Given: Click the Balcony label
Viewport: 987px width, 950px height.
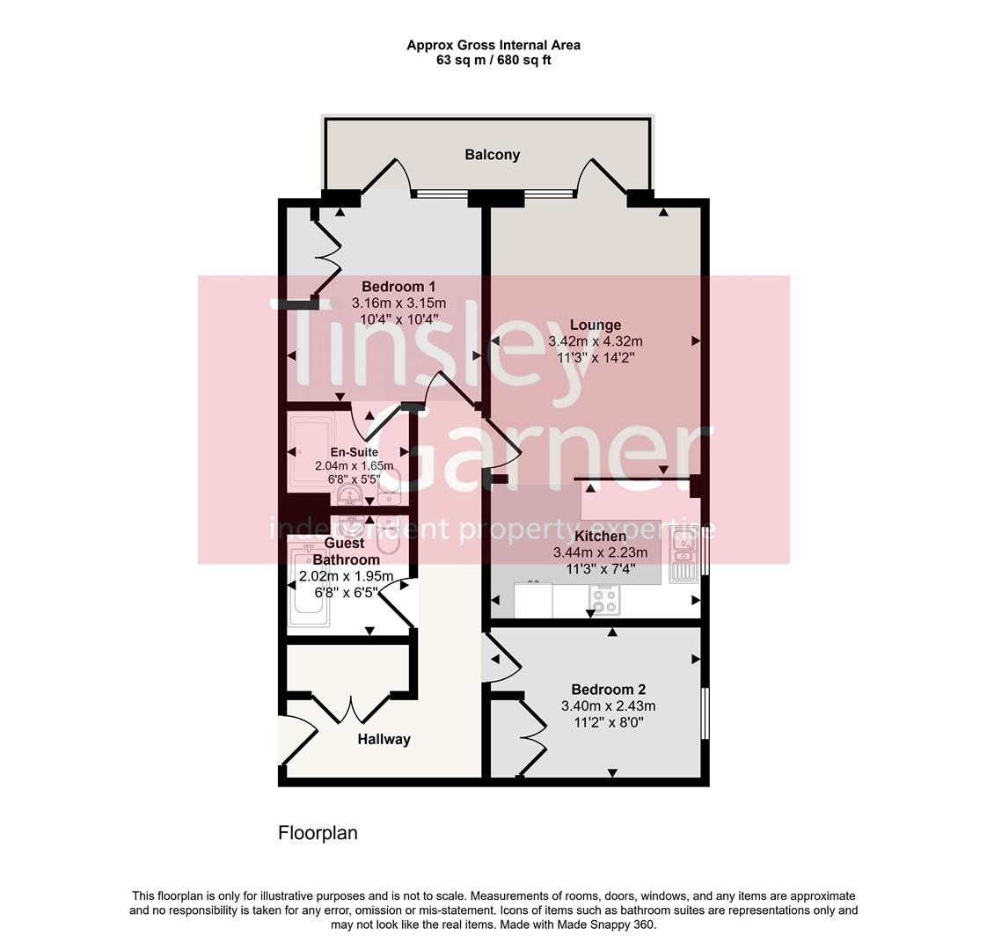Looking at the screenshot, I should pos(492,155).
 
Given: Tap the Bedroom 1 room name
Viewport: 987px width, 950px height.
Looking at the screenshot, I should pos(398,287).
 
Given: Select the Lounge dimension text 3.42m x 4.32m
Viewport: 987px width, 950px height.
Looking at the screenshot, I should pos(595,341).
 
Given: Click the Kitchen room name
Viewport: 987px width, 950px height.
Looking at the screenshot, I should pos(600,537).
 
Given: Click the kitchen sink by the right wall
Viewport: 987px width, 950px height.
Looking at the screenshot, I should pos(684,555).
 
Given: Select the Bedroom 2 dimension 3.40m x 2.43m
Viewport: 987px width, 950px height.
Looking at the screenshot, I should pos(608,706).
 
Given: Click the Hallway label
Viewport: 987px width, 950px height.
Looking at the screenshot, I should pos(384,740).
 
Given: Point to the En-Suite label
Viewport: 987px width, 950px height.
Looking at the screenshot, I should pos(354,452).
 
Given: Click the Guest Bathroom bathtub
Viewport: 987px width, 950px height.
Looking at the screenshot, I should pos(310,585).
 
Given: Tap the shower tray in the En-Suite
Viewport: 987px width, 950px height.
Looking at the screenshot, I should pos(311,452).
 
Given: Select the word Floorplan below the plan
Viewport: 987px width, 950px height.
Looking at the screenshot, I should pos(318,833).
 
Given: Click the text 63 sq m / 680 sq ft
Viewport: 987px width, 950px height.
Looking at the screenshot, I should pos(493,61).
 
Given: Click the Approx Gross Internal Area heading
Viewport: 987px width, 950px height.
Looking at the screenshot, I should pos(493,45).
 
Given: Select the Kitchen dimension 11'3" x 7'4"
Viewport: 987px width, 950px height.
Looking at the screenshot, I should pos(600,568).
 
